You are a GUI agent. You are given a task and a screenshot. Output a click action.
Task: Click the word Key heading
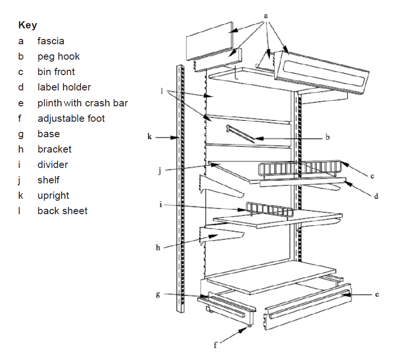point(27,25)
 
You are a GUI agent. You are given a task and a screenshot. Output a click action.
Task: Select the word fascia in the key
point(51,41)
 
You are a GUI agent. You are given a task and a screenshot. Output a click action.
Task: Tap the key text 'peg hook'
point(59,56)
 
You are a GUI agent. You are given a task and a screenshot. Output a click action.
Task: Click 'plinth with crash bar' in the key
point(83,103)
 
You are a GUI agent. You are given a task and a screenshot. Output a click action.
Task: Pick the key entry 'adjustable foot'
point(71,118)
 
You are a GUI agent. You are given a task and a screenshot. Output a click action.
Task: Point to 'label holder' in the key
point(64,87)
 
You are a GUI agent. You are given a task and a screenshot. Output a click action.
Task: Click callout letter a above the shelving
point(265,15)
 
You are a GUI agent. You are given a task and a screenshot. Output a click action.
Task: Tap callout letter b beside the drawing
point(327,138)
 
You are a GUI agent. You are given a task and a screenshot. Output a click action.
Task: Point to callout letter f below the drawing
point(216,345)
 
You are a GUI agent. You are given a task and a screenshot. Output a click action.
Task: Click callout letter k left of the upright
point(150,138)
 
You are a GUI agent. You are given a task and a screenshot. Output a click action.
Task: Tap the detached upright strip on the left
point(180,188)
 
